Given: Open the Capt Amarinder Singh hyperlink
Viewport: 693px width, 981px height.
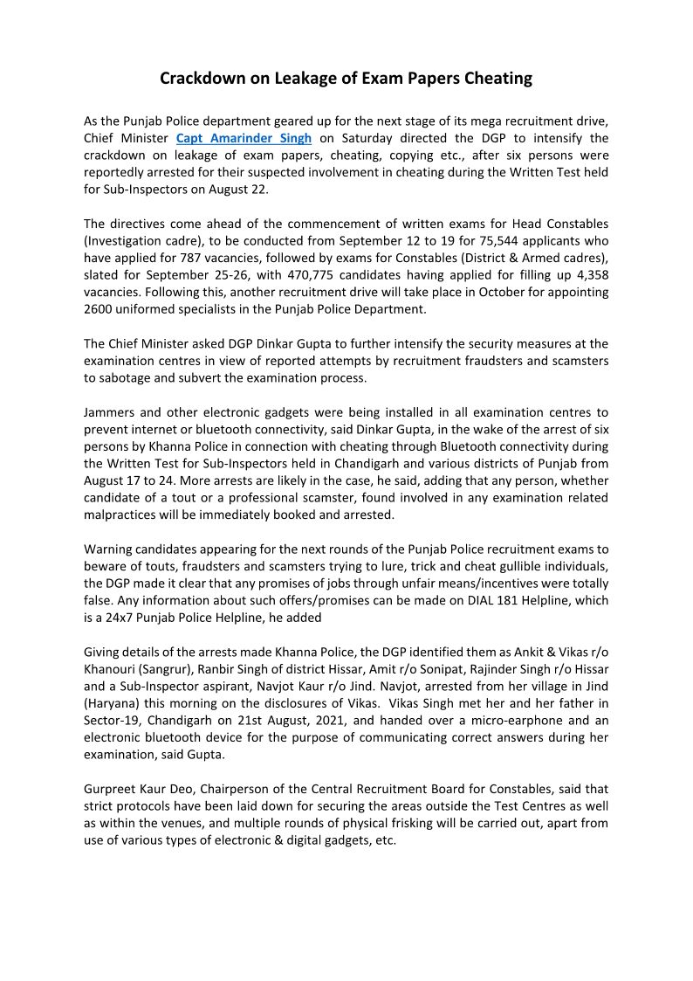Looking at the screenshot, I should coord(244,139).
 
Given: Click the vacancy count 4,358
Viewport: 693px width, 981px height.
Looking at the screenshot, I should coord(588,274).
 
